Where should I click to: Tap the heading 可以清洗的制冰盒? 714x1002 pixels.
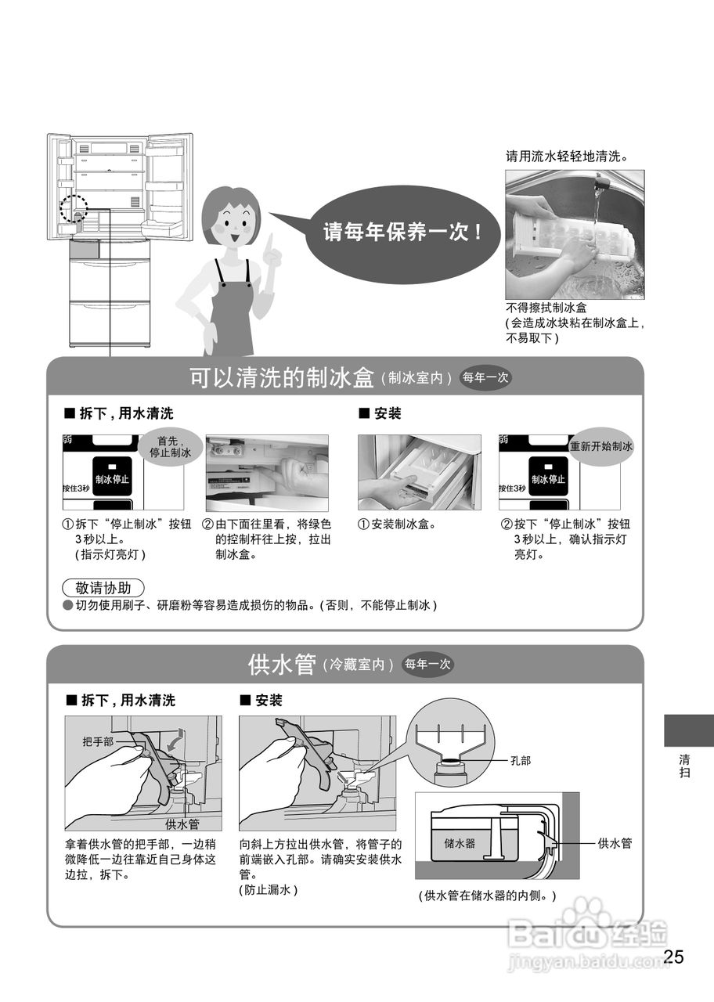[x=282, y=377]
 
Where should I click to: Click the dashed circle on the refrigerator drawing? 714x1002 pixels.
[x=74, y=209]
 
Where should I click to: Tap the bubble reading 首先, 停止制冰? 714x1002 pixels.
[x=170, y=447]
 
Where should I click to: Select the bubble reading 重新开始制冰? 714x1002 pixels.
[x=601, y=447]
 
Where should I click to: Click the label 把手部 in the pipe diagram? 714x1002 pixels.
[x=98, y=741]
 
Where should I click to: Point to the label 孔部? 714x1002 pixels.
[x=521, y=759]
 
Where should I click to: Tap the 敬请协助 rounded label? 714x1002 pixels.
[x=103, y=588]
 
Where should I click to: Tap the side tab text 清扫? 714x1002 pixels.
[x=684, y=766]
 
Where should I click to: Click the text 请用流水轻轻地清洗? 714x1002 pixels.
[x=567, y=157]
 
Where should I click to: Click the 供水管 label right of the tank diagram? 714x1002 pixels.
[x=615, y=843]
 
